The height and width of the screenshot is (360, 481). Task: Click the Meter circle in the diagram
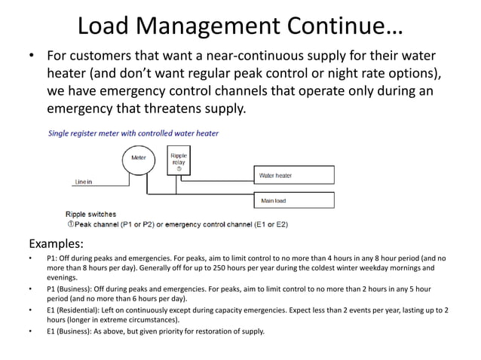click(x=139, y=159)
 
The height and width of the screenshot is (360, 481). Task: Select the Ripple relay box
click(x=179, y=159)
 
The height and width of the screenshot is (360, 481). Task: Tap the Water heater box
click(x=293, y=176)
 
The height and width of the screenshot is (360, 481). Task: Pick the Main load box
click(x=293, y=200)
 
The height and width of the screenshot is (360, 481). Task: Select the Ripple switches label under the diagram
click(x=91, y=215)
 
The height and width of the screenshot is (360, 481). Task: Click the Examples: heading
click(x=56, y=244)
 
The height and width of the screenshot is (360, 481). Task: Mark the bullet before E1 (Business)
click(x=30, y=331)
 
